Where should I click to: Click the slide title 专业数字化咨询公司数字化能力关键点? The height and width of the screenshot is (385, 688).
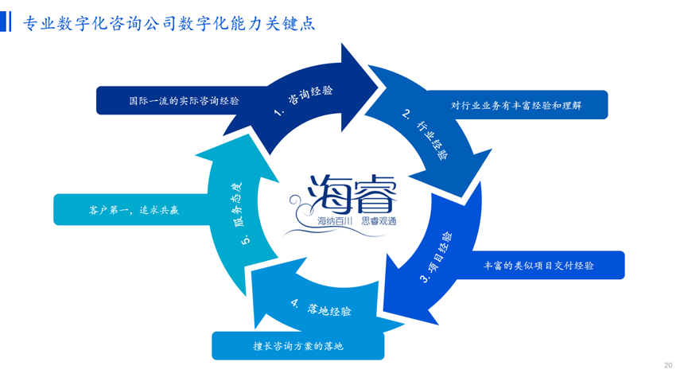point(169,23)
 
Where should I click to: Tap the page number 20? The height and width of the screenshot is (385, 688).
point(668,365)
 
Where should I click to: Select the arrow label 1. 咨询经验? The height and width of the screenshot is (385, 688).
point(303,101)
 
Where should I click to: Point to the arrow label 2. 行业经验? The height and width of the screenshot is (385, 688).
point(426,134)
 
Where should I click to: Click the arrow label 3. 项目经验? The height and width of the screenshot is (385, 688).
point(436,257)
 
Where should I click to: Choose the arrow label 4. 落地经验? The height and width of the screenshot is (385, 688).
point(321,308)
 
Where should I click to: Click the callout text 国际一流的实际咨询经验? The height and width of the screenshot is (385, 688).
point(184,101)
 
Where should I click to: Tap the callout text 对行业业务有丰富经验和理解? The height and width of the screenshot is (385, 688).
point(516,105)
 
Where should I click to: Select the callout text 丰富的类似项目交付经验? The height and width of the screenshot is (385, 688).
point(538,266)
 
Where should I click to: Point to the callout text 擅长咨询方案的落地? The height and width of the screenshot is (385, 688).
point(298,346)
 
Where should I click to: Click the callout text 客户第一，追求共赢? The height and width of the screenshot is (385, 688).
point(134,210)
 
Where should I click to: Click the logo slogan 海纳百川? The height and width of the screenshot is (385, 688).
point(335,221)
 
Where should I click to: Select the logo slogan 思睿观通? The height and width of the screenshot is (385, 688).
point(379,221)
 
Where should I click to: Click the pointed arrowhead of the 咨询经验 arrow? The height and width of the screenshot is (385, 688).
point(379,87)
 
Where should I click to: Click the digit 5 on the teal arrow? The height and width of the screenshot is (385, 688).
point(246,239)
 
